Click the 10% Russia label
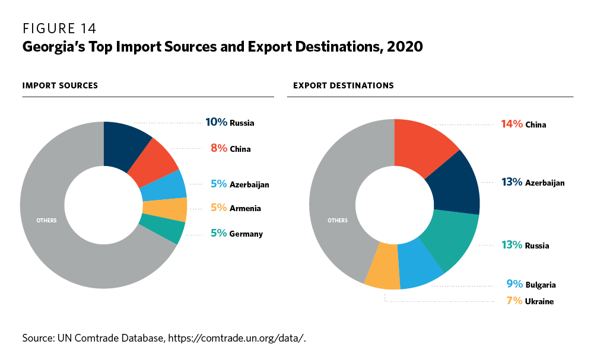tap(230, 123)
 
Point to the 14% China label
tap(523, 125)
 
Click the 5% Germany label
tap(236, 234)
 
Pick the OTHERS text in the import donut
tap(47, 221)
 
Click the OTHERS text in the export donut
tap(338, 221)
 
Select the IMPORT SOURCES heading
tap(60, 86)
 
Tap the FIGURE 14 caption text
tap(59, 28)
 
